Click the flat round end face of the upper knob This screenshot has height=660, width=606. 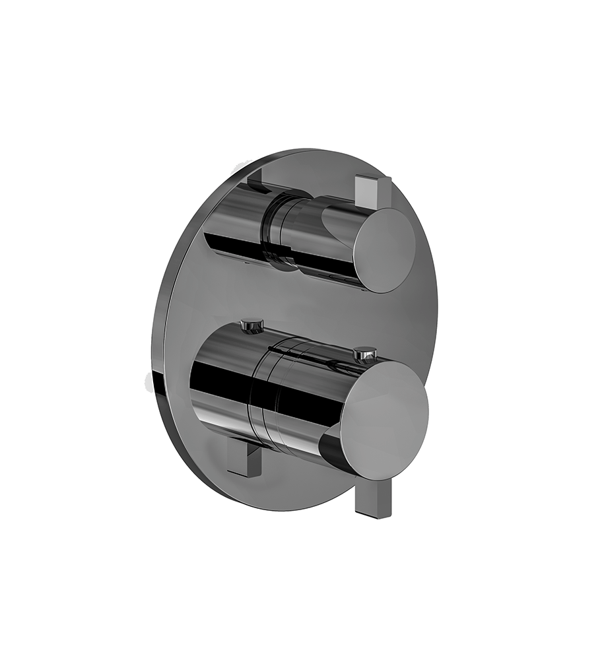coord(384,249)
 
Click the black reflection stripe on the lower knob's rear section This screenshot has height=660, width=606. coord(218,383)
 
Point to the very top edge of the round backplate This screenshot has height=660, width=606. coord(310,151)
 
